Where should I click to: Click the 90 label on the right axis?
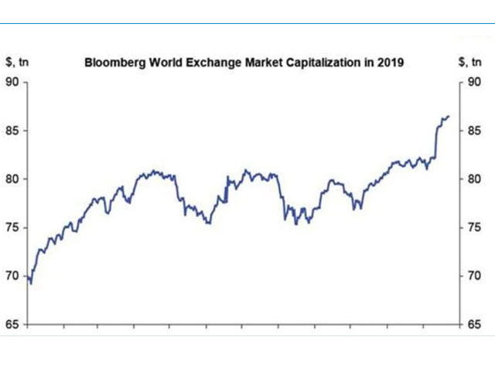click(475, 83)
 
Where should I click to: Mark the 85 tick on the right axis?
click(475, 131)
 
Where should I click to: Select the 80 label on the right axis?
click(475, 179)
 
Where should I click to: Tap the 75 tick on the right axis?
click(475, 227)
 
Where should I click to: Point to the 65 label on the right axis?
click(475, 324)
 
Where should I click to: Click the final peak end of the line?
click(449, 117)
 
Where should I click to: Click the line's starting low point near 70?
click(31, 283)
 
